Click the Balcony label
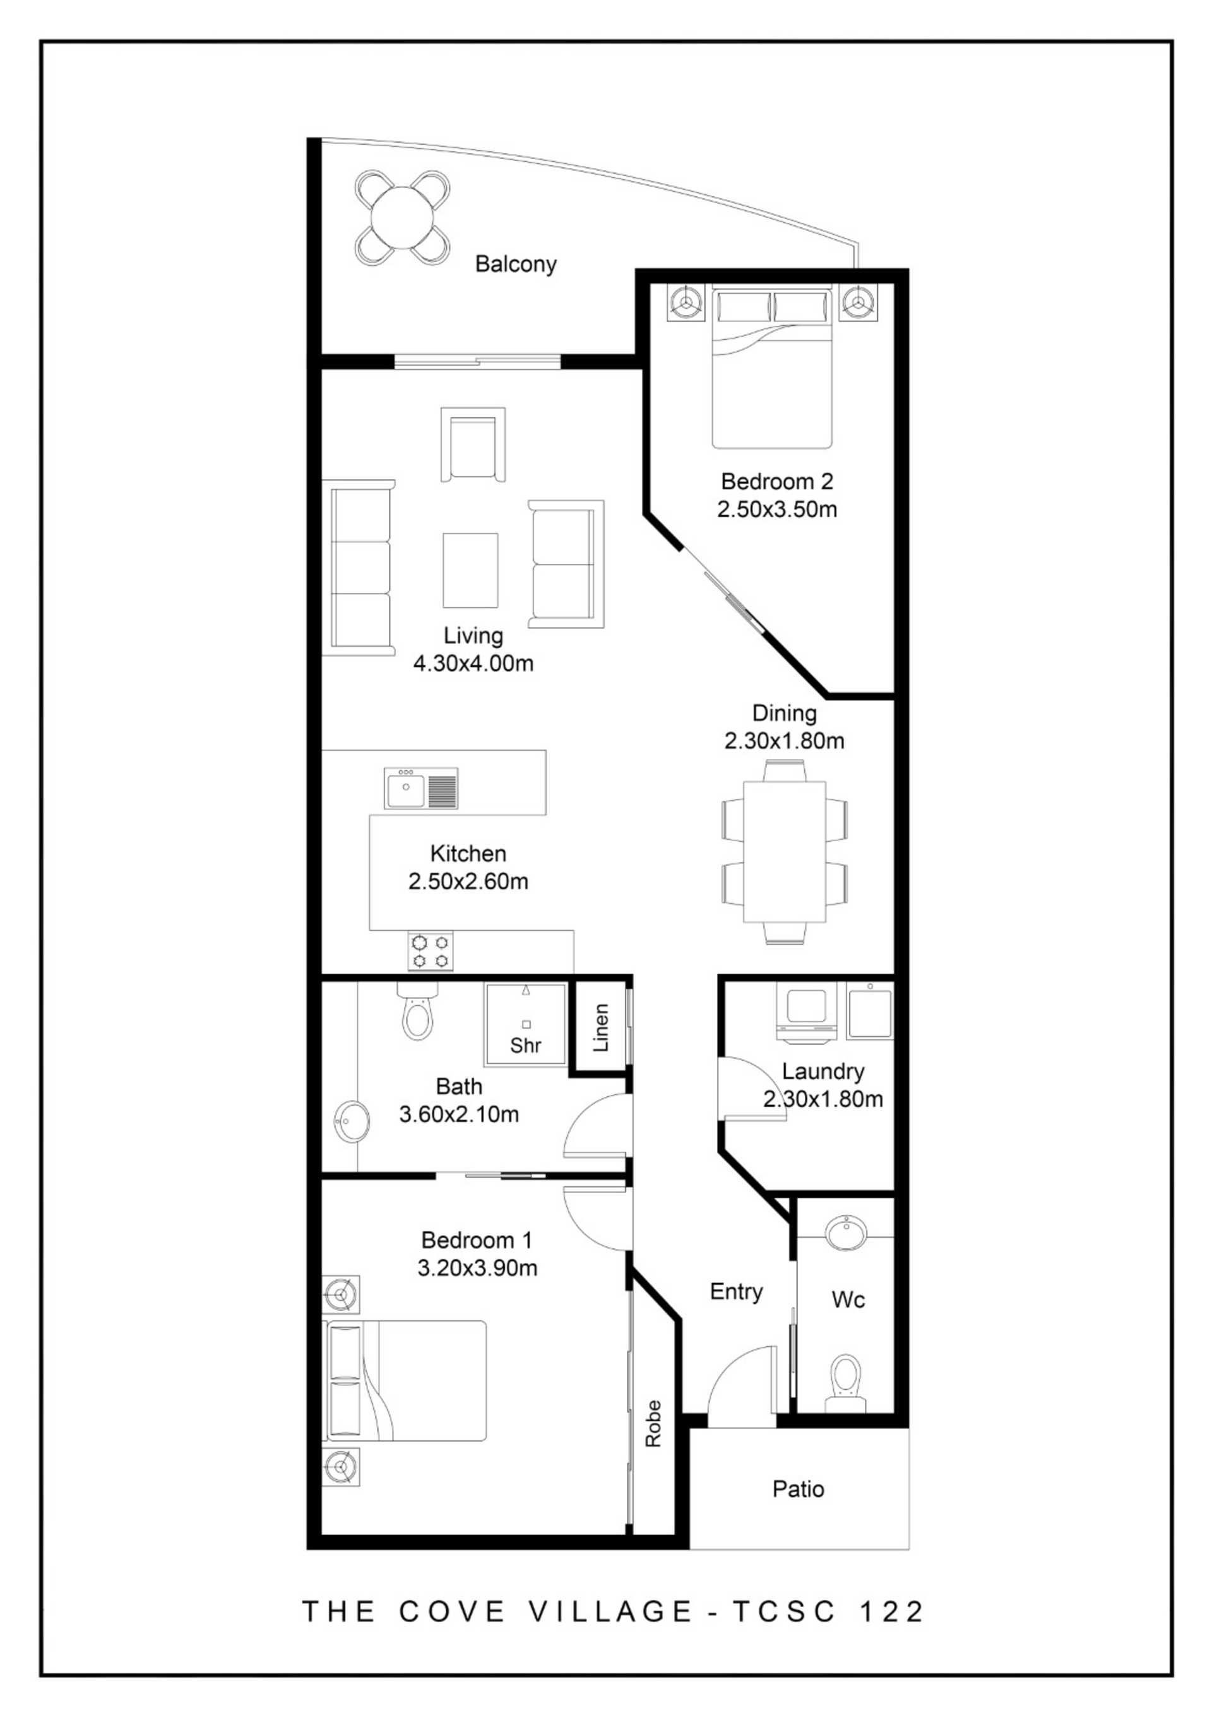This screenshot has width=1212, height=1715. pyautogui.click(x=516, y=265)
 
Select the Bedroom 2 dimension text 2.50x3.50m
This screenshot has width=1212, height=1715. pyautogui.click(x=776, y=510)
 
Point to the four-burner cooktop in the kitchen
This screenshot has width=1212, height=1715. pyautogui.click(x=430, y=951)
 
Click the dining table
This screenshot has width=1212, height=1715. pyautogui.click(x=784, y=852)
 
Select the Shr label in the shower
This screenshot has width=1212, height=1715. pyautogui.click(x=526, y=1045)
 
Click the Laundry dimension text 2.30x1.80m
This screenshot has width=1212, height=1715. pyautogui.click(x=823, y=1099)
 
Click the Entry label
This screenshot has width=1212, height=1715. pyautogui.click(x=736, y=1292)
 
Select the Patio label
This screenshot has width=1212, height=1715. pyautogui.click(x=799, y=1490)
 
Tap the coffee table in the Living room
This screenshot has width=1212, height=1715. pyautogui.click(x=470, y=571)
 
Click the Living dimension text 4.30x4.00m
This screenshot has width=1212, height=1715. pyautogui.click(x=473, y=663)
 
